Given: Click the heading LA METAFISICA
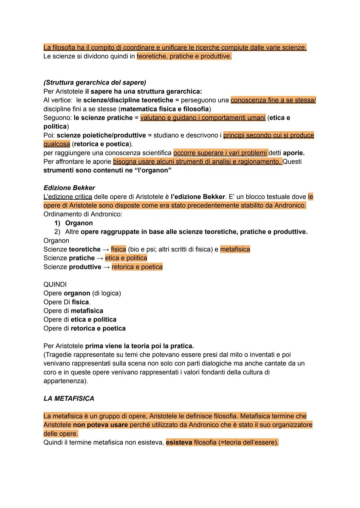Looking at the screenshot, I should pos(69,398).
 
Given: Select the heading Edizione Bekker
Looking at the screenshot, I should pos(69,188).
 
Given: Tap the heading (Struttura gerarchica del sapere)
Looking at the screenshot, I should pos(95,82).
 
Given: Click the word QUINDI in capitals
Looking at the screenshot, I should pos(55,284).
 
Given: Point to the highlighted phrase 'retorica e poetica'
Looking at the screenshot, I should pos(137,267).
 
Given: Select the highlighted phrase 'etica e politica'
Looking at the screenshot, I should pos(126,258).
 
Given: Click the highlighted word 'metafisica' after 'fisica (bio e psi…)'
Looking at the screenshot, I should pos(235,249).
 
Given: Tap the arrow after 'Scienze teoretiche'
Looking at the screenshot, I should pos(106,250).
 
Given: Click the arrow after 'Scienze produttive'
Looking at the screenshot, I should pos(106,267).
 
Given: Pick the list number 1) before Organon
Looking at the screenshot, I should pos(57,223).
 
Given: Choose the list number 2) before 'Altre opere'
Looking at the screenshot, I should pos(57,232).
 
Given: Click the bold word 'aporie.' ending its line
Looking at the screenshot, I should pos(294,153).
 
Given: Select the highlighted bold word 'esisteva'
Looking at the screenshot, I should pos(179,443).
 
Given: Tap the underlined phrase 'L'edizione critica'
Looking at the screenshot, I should pos(68,197).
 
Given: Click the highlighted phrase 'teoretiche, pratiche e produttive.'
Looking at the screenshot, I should pos(184,56).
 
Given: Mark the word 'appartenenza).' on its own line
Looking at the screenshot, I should pos(66,381).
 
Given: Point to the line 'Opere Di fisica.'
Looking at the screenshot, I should pos(67,302).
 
